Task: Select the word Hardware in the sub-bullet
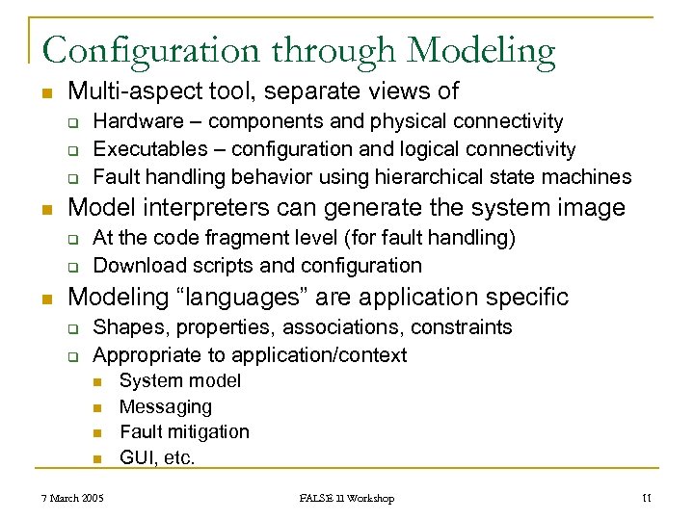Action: point(135,121)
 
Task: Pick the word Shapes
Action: point(123,327)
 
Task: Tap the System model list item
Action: point(180,381)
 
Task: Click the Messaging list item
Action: point(165,407)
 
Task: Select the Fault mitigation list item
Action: point(184,432)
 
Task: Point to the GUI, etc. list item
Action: point(157,458)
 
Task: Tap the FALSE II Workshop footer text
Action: point(347,498)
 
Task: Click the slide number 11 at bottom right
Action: point(647,498)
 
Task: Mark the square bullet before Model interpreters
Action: point(45,208)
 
